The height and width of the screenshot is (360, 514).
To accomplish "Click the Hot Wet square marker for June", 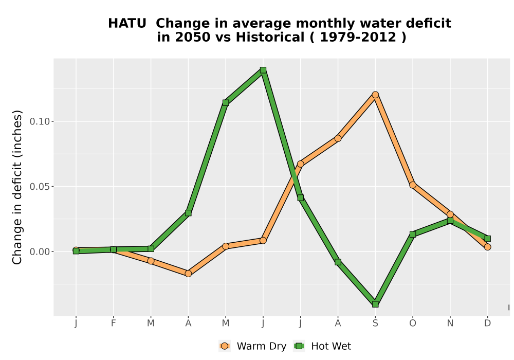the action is [x=263, y=70].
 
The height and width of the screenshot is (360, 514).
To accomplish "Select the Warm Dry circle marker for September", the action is [x=375, y=95].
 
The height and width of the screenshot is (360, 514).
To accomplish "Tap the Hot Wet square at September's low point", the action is [x=375, y=304].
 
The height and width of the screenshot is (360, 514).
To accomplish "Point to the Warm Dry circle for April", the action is [x=188, y=274].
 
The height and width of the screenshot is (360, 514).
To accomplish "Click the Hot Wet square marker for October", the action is [x=413, y=234].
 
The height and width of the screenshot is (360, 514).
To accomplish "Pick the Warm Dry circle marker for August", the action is [x=338, y=138].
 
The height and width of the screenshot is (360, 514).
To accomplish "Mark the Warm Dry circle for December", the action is [x=487, y=247].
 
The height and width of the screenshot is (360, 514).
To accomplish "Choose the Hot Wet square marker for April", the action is [x=188, y=213].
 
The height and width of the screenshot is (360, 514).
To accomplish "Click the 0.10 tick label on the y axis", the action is [x=40, y=122].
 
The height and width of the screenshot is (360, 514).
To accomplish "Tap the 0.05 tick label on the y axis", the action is [x=40, y=187].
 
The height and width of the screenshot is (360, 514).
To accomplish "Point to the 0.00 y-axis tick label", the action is [x=40, y=252].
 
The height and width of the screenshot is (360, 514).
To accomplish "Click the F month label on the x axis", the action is [x=114, y=323].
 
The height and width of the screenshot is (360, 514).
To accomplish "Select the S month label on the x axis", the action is [x=375, y=323].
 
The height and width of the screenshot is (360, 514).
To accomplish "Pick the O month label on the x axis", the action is [x=413, y=323].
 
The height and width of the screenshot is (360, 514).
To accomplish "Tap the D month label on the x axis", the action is [x=487, y=323].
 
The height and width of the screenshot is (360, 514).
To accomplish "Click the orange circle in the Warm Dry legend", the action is [x=225, y=346].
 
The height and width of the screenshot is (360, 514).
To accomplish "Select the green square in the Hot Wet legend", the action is [x=299, y=346].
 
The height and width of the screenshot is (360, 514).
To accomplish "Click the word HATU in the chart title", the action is [x=127, y=24].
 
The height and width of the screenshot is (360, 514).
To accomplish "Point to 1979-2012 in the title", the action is [x=358, y=38].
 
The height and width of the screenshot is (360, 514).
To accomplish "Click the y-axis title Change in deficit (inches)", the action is [x=17, y=187].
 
